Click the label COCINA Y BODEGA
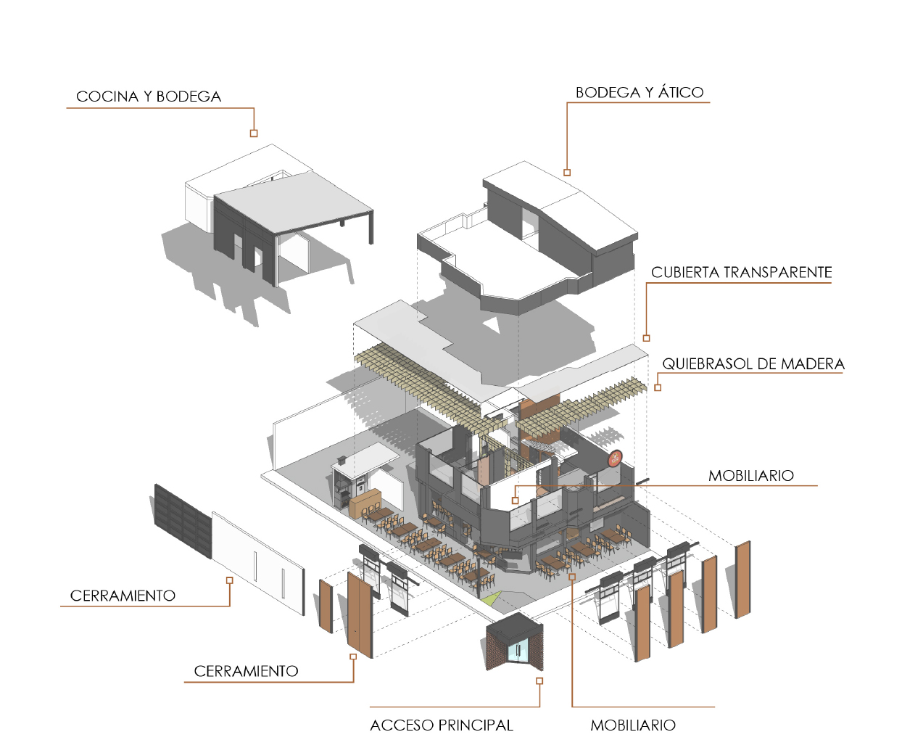click(x=149, y=96)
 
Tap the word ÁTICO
click(x=681, y=92)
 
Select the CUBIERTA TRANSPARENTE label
click(x=741, y=273)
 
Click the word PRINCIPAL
click(x=476, y=725)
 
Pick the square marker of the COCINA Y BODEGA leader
click(x=254, y=133)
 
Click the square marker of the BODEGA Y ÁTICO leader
click(x=567, y=173)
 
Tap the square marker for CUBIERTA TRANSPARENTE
click(x=646, y=338)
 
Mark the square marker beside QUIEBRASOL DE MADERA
click(x=658, y=387)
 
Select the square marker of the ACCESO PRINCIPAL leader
click(x=539, y=681)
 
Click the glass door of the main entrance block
click(x=518, y=651)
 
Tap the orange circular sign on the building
click(x=615, y=458)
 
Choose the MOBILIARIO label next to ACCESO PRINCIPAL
click(x=633, y=725)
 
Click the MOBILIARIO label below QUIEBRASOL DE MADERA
click(x=750, y=476)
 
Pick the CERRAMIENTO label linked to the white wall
click(x=123, y=596)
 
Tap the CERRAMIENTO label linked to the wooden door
click(x=246, y=672)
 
